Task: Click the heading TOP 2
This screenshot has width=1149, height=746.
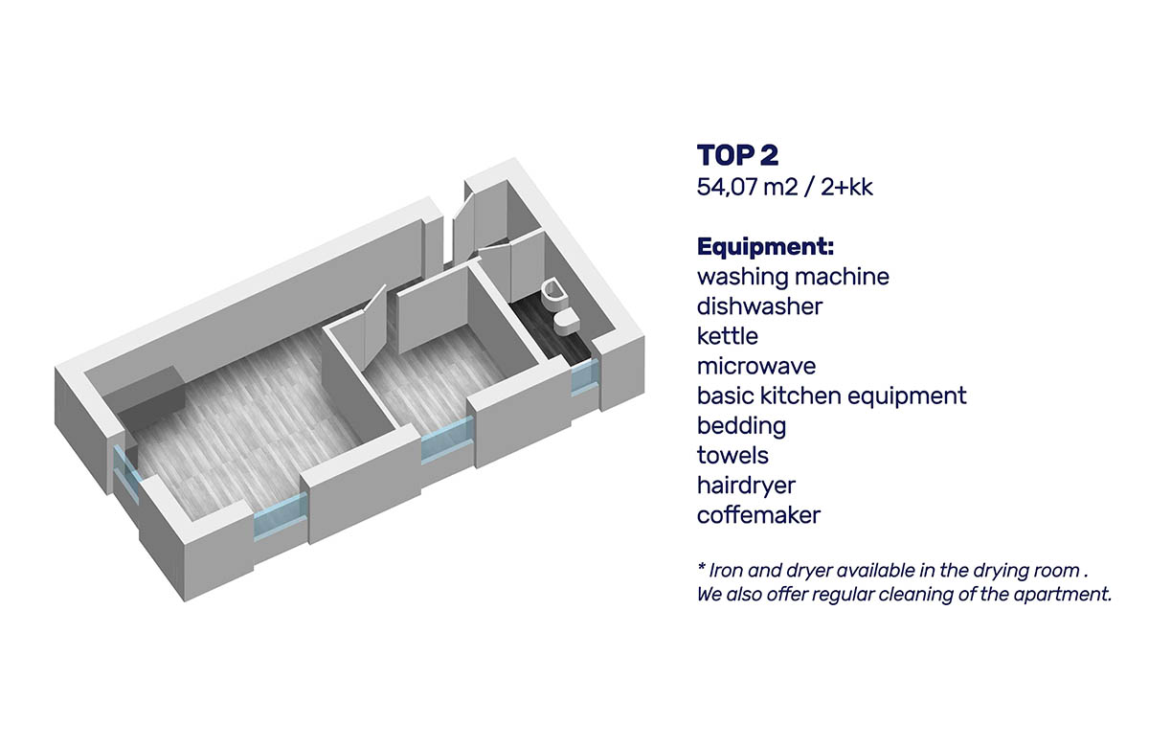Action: coord(737,155)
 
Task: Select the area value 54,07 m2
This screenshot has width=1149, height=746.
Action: coord(747,187)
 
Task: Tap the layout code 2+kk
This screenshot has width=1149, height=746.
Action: coord(846,187)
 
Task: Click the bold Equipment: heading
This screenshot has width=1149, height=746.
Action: coord(765,248)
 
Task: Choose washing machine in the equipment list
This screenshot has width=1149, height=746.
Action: coord(793,277)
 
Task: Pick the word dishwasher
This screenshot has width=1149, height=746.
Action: coord(759,306)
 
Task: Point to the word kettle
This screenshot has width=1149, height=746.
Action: coord(728,336)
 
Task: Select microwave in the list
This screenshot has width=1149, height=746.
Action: coord(756,366)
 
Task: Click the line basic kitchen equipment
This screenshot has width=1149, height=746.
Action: coord(831,396)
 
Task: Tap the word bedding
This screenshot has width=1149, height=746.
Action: coord(741,426)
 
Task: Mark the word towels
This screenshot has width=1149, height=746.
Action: coord(732,455)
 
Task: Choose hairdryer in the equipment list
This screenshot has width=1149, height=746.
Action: coord(746,486)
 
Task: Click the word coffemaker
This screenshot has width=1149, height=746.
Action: coord(758,514)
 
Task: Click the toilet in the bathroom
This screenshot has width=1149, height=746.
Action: coord(566,321)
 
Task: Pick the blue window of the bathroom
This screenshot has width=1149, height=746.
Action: coord(585,377)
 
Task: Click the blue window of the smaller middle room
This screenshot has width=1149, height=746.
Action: coord(447,441)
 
